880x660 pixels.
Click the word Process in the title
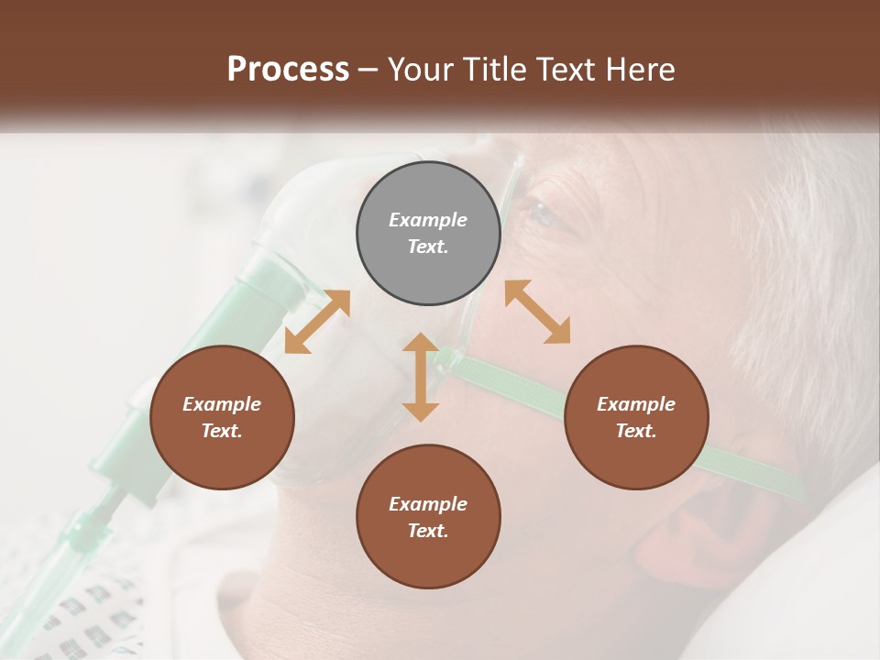(288, 70)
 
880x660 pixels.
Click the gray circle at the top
(428, 234)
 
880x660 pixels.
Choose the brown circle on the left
(222, 418)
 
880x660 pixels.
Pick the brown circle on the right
(635, 418)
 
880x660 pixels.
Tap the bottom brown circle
(428, 517)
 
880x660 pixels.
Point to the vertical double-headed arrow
(421, 377)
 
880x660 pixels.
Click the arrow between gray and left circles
(317, 322)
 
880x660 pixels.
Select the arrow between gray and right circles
(538, 312)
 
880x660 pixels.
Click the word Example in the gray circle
(428, 220)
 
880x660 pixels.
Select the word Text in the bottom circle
(428, 531)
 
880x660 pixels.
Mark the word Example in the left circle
(222, 404)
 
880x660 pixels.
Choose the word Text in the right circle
(635, 431)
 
